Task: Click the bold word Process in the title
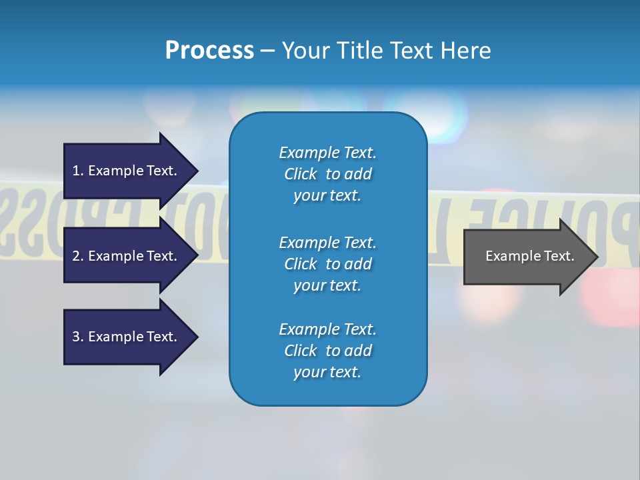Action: [209, 50]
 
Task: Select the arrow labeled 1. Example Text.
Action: [127, 171]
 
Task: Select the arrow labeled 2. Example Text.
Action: [127, 256]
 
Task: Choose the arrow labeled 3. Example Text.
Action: [127, 337]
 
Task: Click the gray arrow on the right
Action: [527, 256]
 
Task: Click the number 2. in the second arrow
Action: [78, 256]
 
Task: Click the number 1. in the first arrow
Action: [78, 171]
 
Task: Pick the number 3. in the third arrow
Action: [78, 337]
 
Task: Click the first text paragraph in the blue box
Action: [327, 174]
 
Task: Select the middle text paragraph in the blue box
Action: [327, 264]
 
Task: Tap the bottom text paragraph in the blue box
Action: [327, 351]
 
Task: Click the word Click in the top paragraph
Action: [301, 174]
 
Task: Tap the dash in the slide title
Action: [267, 51]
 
